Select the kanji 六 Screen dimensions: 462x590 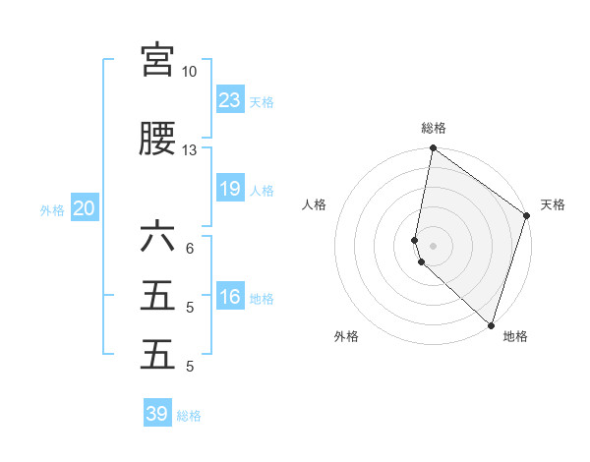(157, 237)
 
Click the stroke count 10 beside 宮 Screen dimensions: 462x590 (189, 72)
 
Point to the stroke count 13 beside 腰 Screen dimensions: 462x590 (189, 150)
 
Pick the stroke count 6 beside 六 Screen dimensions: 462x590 (189, 249)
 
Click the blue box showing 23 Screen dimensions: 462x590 (230, 99)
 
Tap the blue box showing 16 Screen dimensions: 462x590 (230, 297)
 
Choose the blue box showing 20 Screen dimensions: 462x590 (85, 208)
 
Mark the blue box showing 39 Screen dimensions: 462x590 (157, 414)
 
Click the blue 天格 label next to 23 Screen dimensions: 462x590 (262, 102)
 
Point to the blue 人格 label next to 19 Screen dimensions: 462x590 (262, 191)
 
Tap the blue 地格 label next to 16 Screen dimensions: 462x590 (262, 299)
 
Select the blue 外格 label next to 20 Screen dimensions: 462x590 (52, 210)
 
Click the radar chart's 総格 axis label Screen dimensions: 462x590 (434, 128)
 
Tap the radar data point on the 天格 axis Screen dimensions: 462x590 (527, 216)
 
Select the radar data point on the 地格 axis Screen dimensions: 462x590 (491, 324)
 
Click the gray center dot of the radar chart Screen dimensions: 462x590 (434, 245)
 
